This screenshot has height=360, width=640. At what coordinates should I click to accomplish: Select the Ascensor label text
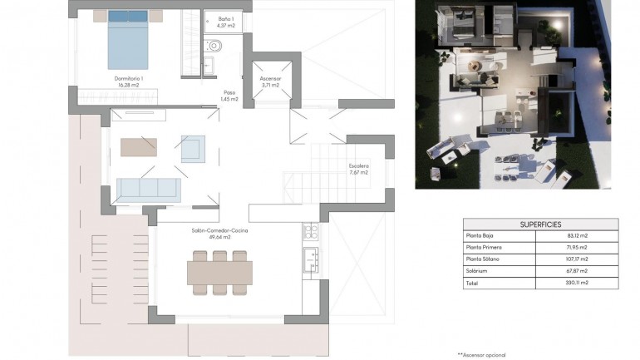click(x=270, y=81)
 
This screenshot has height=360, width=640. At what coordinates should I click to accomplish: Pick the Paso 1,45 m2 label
click(x=229, y=96)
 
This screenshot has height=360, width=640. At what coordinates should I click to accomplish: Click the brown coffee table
click(x=139, y=147)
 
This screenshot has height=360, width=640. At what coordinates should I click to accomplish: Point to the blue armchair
click(x=193, y=148)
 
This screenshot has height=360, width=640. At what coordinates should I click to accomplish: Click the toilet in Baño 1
click(x=214, y=46)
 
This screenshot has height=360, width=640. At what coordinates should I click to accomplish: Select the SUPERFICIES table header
click(x=540, y=224)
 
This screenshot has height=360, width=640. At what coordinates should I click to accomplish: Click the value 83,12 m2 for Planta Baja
click(x=578, y=236)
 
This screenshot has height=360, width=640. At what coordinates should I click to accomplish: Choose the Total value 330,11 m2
click(x=578, y=283)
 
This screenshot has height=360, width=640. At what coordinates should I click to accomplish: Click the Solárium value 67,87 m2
click(x=578, y=271)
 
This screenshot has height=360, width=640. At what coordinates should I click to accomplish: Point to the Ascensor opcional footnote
click(x=481, y=354)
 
